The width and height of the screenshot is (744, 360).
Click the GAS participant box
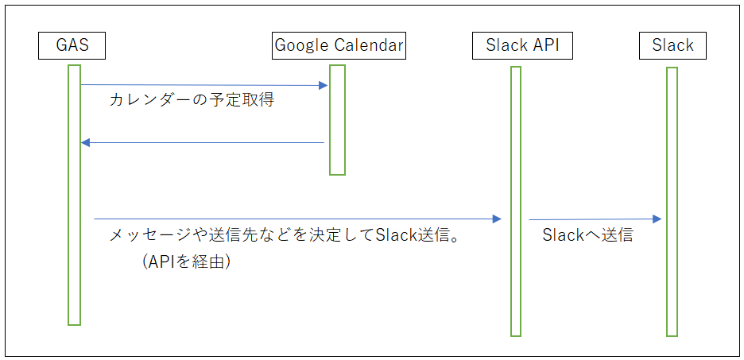click(x=72, y=45)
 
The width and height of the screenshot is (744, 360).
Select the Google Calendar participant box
click(x=339, y=45)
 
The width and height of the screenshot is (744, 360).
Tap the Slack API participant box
click(x=522, y=45)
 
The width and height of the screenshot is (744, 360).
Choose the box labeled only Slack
click(x=672, y=45)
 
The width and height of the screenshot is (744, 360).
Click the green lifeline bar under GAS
click(x=74, y=195)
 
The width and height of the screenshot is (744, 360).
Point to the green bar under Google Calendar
click(x=337, y=120)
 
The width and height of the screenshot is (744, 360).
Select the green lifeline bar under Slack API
click(x=516, y=202)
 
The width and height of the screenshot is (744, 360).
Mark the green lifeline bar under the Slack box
click(x=672, y=202)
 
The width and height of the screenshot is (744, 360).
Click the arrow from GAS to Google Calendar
click(x=204, y=85)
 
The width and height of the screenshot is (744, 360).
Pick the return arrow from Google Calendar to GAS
click(x=203, y=142)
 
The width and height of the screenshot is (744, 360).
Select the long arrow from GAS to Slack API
click(x=298, y=219)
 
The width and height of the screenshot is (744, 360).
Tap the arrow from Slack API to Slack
click(x=595, y=219)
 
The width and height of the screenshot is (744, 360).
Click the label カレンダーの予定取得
click(x=192, y=101)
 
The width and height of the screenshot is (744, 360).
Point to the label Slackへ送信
click(x=587, y=235)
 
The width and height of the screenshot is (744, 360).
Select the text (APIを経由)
click(x=186, y=261)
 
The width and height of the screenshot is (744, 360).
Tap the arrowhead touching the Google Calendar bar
click(x=324, y=85)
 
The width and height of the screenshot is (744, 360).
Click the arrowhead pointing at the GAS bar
click(x=85, y=143)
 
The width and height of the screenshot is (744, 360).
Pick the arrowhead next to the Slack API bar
click(x=498, y=219)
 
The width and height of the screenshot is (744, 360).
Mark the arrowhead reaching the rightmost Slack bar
click(x=657, y=219)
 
